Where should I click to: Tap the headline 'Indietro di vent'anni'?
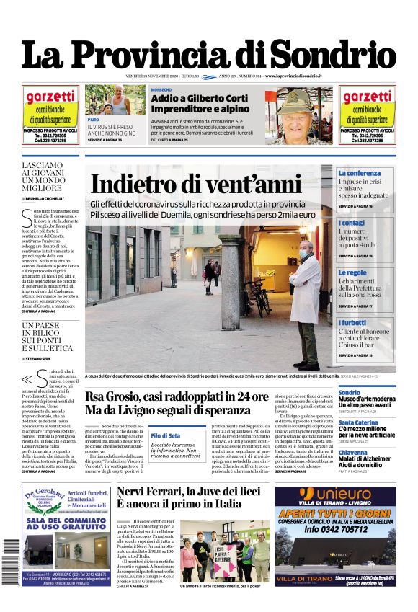click(x=195, y=185)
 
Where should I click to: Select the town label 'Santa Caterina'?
click(x=358, y=422)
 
